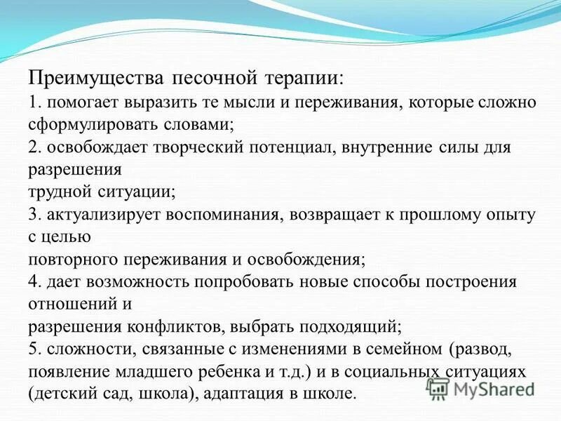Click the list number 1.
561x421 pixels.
pos(35,102)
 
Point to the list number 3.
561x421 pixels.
pos(35,214)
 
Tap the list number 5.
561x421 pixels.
pos(35,349)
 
